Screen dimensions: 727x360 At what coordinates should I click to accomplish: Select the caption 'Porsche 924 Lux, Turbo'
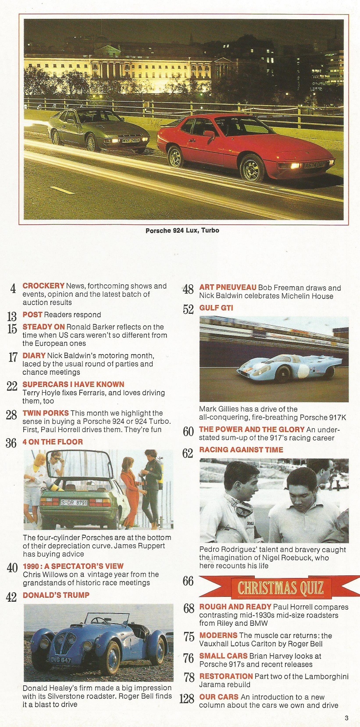pos(182,231)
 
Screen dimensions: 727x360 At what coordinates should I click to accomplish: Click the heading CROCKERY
pos(43,286)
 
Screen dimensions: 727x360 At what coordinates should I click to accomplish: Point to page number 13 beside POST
pos(12,316)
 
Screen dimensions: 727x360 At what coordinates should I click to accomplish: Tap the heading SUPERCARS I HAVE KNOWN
pos(73,384)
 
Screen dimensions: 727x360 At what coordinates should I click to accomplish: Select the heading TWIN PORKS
pos(46,413)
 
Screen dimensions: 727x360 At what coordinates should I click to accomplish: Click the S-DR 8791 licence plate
pos(75,502)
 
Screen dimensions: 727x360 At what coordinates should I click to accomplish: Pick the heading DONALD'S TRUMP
pos(56,595)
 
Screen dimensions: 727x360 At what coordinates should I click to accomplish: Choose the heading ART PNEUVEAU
pos(228,287)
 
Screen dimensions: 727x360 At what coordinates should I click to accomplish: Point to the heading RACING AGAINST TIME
pos(241,450)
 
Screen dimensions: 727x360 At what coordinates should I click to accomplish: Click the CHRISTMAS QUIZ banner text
pos(281,588)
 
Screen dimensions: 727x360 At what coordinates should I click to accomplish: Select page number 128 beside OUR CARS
pos(187,699)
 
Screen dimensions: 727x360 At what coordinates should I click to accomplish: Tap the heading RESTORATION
pos(226,676)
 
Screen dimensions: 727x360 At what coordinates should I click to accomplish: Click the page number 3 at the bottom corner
pos(346,718)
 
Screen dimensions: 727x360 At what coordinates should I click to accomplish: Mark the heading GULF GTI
pos(216,308)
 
